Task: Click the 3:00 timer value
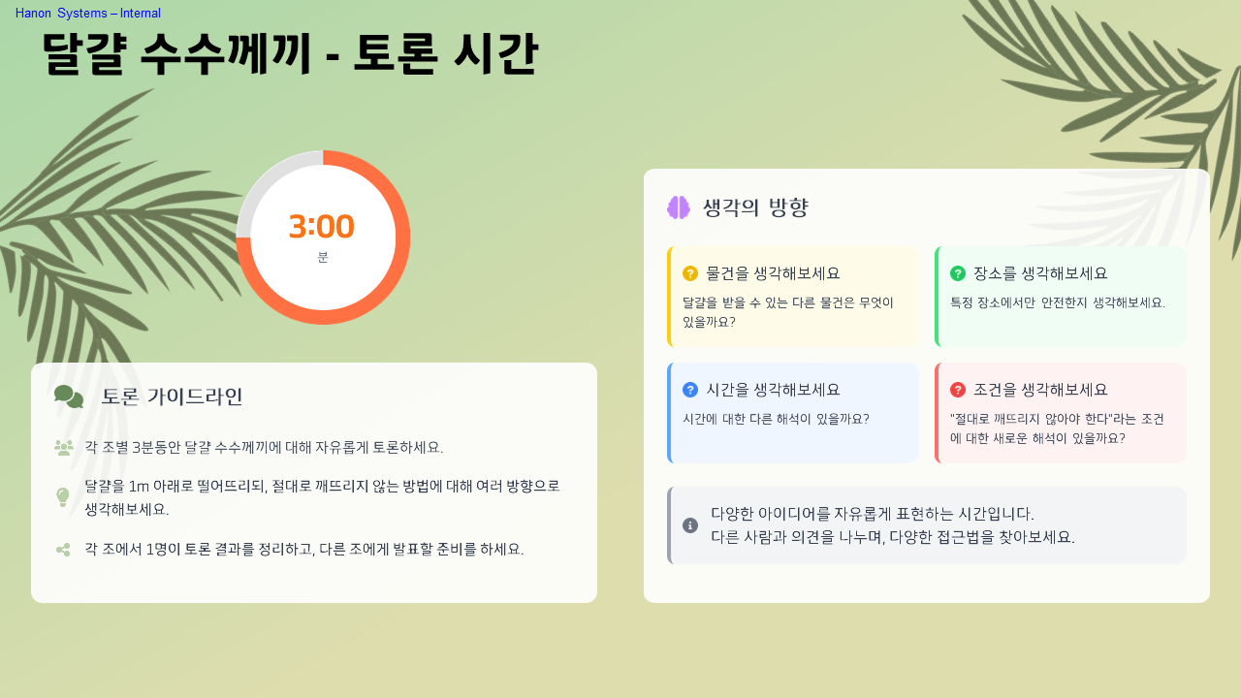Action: [322, 227]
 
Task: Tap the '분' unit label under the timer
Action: [323, 257]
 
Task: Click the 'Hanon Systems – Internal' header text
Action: [88, 14]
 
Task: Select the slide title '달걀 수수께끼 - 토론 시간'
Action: [289, 54]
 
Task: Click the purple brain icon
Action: [679, 207]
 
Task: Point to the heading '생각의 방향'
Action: [755, 207]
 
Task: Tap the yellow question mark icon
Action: [690, 273]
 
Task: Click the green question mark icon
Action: [958, 273]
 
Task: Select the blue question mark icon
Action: [690, 390]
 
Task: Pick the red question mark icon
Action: [958, 390]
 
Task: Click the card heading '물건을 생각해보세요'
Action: [773, 273]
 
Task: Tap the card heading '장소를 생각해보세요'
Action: [1040, 273]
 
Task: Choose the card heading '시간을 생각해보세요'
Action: [773, 390]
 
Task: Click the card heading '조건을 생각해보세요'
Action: [1040, 390]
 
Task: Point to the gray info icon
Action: [690, 525]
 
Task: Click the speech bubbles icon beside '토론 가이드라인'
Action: [69, 397]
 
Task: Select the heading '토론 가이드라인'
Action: [172, 397]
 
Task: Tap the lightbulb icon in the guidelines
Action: [63, 497]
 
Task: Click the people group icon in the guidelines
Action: [64, 448]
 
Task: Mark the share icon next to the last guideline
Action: [63, 550]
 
